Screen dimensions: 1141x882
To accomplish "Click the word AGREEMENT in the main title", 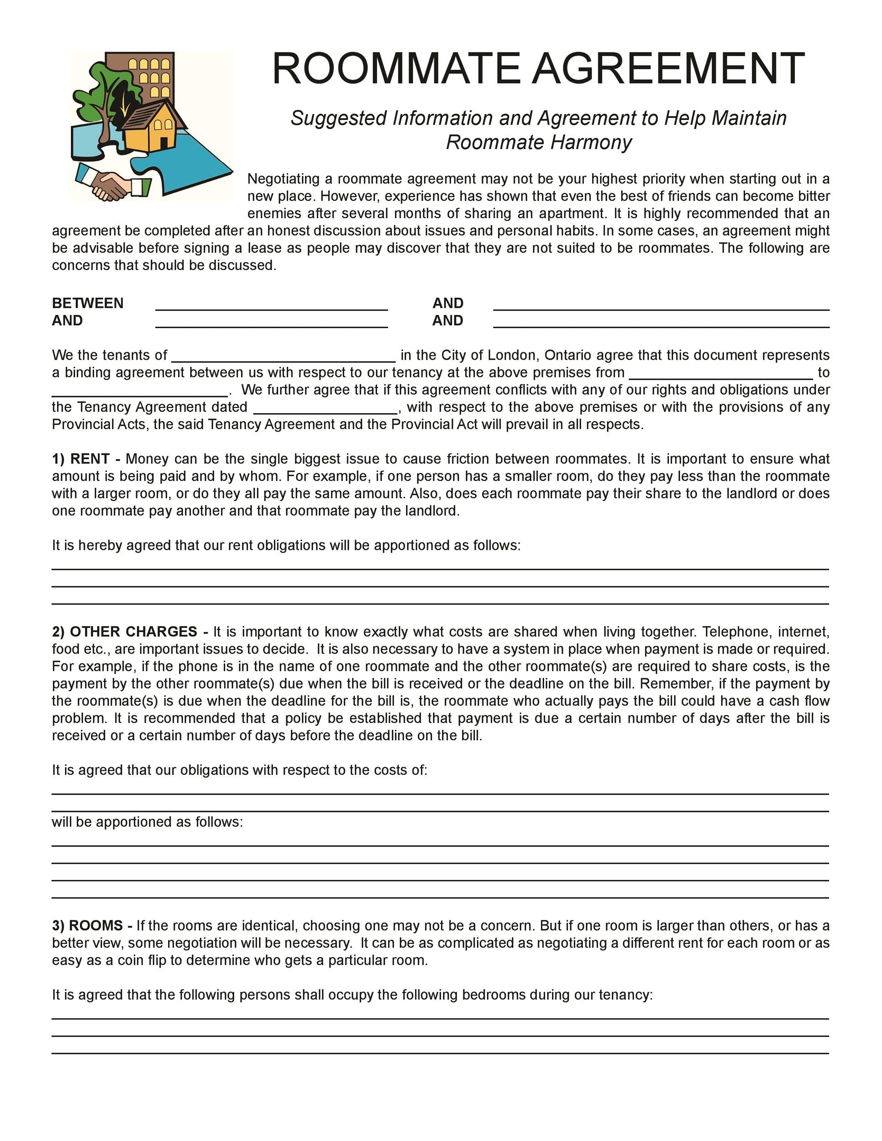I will (668, 68).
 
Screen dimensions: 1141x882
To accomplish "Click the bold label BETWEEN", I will (87, 303).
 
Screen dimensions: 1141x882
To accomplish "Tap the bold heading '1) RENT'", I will (85, 459).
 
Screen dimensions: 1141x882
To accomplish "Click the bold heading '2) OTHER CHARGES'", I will (129, 632).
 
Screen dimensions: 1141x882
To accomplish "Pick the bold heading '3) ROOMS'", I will (91, 925).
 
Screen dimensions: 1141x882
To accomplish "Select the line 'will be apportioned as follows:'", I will (147, 822).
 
